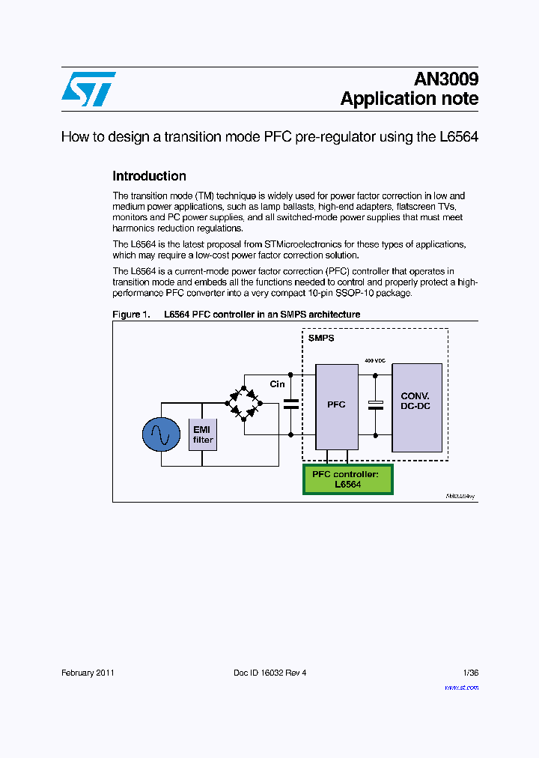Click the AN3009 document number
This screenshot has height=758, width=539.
tap(446, 79)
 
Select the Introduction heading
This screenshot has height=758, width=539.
tap(149, 176)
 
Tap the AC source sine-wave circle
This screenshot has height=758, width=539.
tap(161, 435)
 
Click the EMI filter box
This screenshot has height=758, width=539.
tap(203, 434)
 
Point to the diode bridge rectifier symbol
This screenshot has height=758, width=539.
tap(244, 401)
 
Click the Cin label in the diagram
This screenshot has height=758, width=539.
tap(278, 384)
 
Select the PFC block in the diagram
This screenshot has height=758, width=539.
tap(336, 404)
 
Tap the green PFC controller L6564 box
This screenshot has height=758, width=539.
tap(347, 479)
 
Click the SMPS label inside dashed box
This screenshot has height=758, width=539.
tap(321, 339)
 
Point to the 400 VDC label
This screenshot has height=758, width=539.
tap(374, 360)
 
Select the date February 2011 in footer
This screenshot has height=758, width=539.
tap(88, 673)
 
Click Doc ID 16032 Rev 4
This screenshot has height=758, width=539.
tap(269, 673)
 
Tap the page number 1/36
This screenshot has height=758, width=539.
tap(471, 673)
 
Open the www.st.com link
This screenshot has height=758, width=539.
tap(461, 687)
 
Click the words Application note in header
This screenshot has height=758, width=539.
tap(409, 99)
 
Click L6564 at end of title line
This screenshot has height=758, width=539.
tap(458, 137)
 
